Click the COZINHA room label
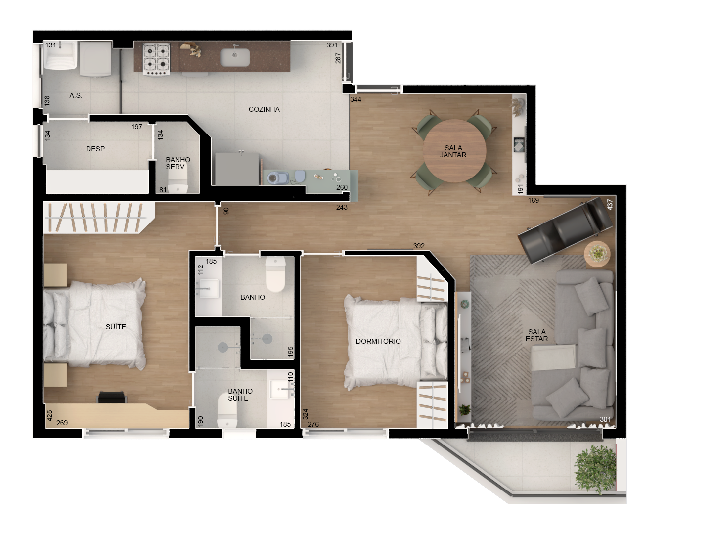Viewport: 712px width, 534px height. click(264, 109)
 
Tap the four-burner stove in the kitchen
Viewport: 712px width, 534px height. click(156, 58)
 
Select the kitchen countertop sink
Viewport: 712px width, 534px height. click(235, 57)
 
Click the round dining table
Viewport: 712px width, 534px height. click(454, 151)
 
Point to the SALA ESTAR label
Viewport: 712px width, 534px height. click(537, 335)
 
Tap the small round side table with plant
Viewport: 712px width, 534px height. click(597, 254)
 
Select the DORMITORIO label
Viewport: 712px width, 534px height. click(378, 341)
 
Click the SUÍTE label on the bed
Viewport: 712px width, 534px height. click(116, 327)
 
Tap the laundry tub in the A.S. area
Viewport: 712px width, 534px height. click(60, 56)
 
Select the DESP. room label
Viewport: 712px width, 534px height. click(95, 149)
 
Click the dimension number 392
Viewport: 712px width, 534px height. click(419, 246)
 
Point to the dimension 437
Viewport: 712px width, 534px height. click(610, 204)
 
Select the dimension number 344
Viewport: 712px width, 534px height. click(356, 99)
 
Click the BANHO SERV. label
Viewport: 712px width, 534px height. click(177, 163)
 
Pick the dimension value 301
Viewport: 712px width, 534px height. click(605, 419)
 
